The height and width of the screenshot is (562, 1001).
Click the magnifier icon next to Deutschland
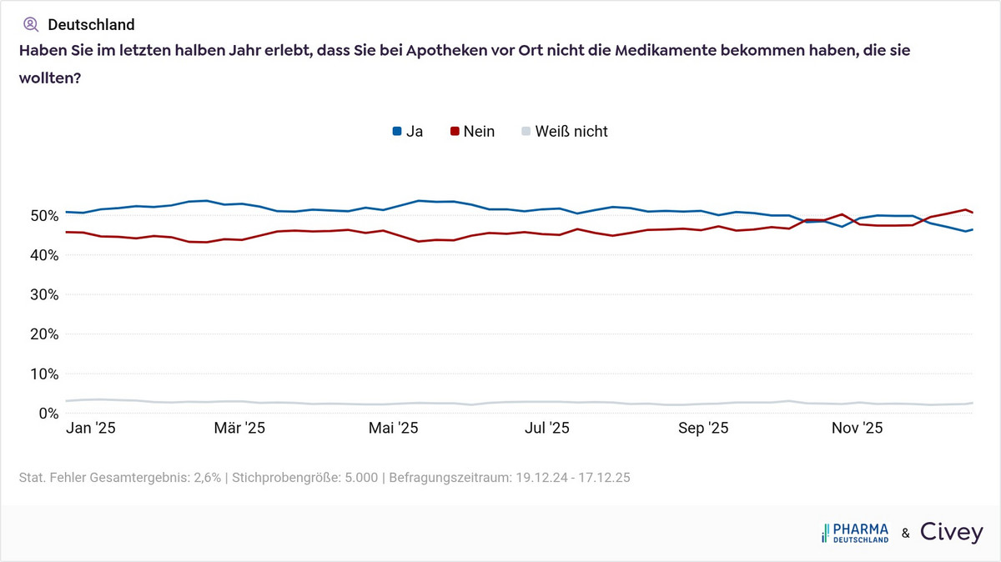(x=31, y=24)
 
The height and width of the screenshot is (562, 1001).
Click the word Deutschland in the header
(x=91, y=24)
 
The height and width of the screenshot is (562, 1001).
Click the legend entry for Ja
(x=407, y=131)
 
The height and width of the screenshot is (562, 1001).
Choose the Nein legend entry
(x=472, y=131)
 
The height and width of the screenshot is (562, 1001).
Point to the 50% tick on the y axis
(x=38, y=215)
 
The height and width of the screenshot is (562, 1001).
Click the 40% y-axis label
(x=38, y=254)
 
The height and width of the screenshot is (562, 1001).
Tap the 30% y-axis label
(x=38, y=294)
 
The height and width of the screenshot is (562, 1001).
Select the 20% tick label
(x=38, y=334)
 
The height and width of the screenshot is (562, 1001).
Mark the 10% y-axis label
(x=38, y=374)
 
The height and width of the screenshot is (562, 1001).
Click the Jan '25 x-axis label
(x=90, y=429)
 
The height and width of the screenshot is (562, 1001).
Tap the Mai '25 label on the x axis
(x=393, y=429)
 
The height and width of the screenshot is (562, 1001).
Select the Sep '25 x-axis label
(x=703, y=429)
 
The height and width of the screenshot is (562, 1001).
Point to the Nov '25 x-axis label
(x=857, y=429)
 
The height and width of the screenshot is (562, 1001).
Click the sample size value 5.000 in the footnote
(x=360, y=478)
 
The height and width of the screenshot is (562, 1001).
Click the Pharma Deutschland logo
(x=855, y=533)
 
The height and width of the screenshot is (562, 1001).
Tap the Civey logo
(x=951, y=532)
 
